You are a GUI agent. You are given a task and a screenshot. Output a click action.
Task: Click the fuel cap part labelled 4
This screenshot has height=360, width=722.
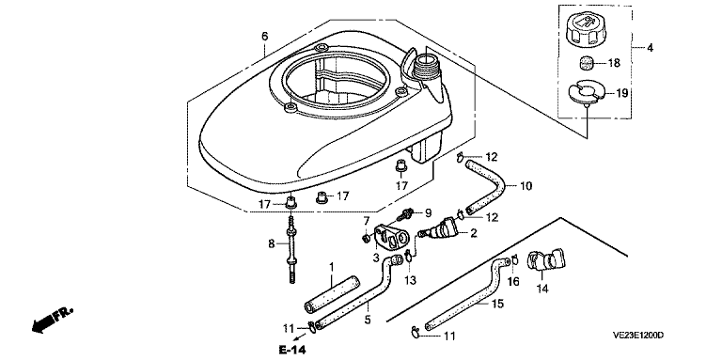[584, 30]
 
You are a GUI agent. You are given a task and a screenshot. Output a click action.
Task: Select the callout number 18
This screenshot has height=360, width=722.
[614, 63]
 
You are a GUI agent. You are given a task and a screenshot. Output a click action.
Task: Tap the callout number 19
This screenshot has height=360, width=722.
[621, 93]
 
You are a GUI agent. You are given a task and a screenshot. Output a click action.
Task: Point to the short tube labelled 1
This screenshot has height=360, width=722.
[332, 294]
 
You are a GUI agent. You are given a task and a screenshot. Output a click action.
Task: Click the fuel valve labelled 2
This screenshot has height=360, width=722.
[443, 229]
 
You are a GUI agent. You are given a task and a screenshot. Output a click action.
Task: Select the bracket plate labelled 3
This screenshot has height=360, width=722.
[391, 234]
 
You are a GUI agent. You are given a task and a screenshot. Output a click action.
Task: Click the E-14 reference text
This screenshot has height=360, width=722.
[292, 350]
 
